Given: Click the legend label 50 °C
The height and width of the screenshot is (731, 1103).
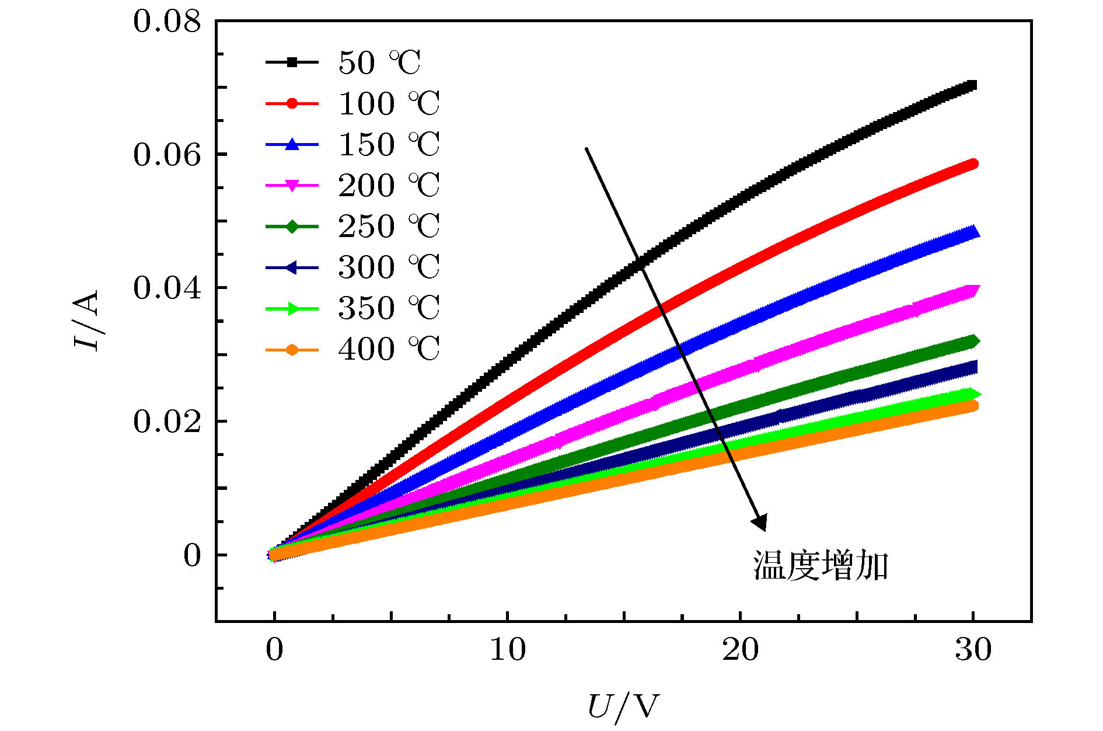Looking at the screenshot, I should click(379, 62).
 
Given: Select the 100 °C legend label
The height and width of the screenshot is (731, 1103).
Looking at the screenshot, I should click(389, 103).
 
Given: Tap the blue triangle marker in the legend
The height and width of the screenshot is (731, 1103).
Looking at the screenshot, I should click(292, 144).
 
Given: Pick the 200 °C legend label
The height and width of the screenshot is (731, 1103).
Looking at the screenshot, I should click(389, 185).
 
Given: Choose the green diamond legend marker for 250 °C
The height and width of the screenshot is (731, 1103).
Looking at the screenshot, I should click(292, 227).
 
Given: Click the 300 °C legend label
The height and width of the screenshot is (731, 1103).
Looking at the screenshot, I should click(389, 267).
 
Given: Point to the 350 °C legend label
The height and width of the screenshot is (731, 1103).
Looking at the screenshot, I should click(389, 308).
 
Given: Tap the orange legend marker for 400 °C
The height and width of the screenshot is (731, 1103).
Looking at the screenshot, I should click(292, 350).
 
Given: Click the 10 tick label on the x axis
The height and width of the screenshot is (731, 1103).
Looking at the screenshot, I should click(507, 649).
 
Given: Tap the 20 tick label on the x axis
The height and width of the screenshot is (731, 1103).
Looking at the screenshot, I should click(740, 649).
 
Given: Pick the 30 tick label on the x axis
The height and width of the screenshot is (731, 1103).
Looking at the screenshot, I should click(973, 649).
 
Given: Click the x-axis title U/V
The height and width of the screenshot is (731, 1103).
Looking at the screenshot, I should click(623, 707).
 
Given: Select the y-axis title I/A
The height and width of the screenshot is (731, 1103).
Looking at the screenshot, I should click(86, 320).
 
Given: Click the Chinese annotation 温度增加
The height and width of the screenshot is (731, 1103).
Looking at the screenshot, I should click(820, 565).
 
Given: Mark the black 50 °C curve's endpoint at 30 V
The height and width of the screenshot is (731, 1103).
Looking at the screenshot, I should click(971, 86).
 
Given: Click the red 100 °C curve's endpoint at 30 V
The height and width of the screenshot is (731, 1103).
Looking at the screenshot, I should click(972, 164).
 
